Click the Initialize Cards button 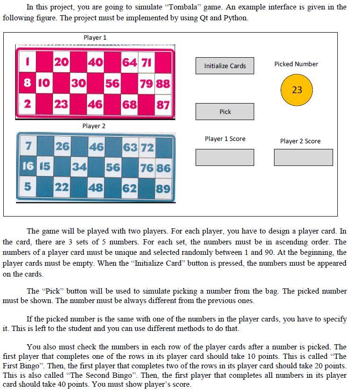225,66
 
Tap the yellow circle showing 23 297,90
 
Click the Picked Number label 296,64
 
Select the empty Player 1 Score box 225,157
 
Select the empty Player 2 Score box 303,157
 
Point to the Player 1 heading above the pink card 95,37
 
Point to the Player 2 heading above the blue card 94,126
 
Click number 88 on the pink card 163,83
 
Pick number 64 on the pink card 129,62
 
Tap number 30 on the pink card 78,83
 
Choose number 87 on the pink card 163,104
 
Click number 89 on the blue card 163,188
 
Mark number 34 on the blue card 79,167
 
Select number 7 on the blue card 28,147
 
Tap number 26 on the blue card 62,147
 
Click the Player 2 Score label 300,141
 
